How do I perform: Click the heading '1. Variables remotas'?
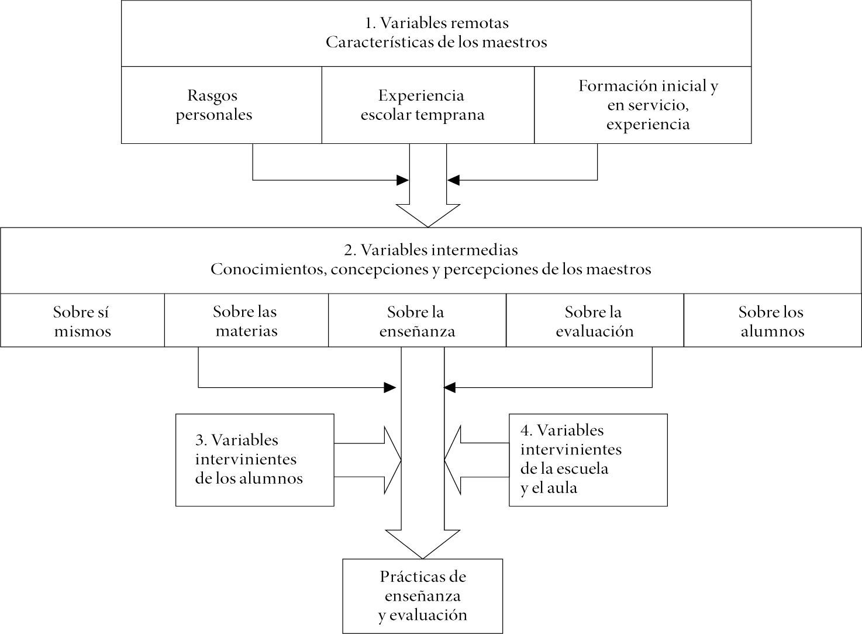pyautogui.click(x=436, y=23)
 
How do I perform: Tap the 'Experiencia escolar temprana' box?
pyautogui.click(x=422, y=105)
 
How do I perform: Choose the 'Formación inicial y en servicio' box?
pyautogui.click(x=648, y=105)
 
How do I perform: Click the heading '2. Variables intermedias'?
pyautogui.click(x=430, y=250)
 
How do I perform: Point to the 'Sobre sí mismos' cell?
pyautogui.click(x=82, y=321)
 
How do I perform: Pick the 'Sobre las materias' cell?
pyautogui.click(x=246, y=321)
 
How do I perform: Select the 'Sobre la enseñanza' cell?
pyautogui.click(x=416, y=321)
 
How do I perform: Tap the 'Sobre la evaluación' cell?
pyautogui.click(x=594, y=321)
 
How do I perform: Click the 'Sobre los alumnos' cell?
pyautogui.click(x=772, y=321)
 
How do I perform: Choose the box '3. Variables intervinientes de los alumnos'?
pyautogui.click(x=254, y=460)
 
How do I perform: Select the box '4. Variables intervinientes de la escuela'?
pyautogui.click(x=588, y=460)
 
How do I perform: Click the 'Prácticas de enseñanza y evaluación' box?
pyautogui.click(x=422, y=596)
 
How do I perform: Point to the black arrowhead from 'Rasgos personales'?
pyautogui.click(x=403, y=180)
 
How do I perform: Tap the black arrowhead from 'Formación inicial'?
pyautogui.click(x=453, y=180)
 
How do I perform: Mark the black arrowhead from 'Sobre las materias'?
pyautogui.click(x=389, y=387)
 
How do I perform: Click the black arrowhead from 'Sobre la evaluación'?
pyautogui.click(x=450, y=387)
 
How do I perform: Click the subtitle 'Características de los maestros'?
pyautogui.click(x=436, y=43)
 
